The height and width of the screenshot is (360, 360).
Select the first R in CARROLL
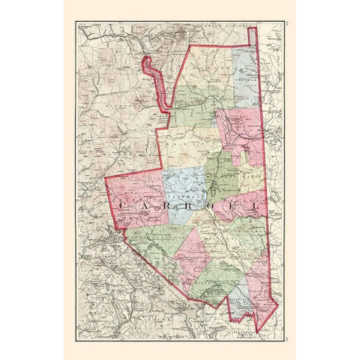pyautogui.click(x=166, y=205)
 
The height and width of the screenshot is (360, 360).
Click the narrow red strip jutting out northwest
pyautogui.click(x=154, y=75)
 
